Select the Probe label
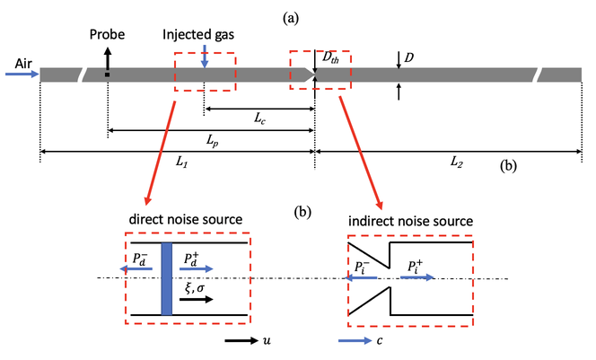click(107, 35)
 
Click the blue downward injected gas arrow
click(205, 56)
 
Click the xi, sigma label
click(194, 286)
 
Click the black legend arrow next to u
click(239, 342)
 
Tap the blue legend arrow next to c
click(352, 342)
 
